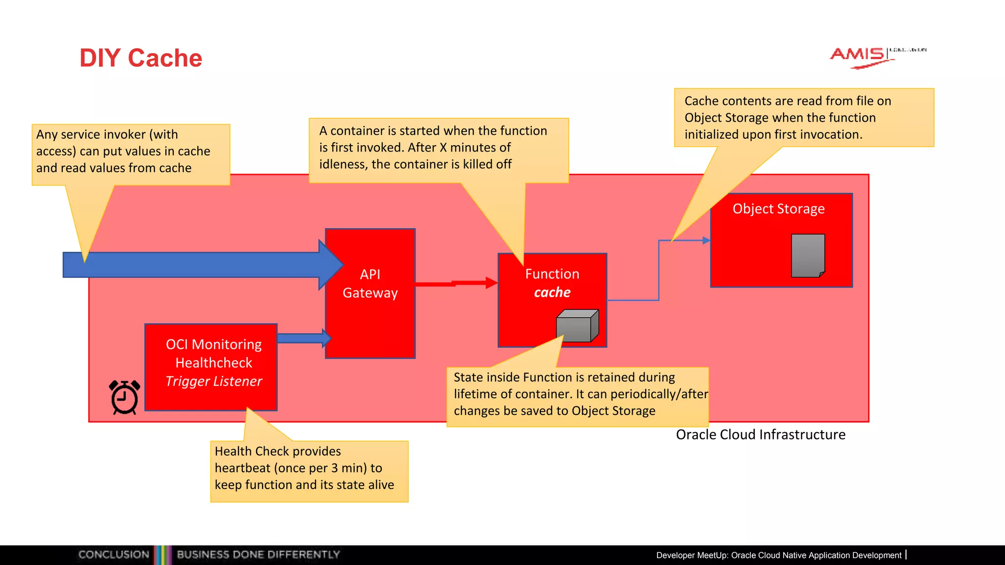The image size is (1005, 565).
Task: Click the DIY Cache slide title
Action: (x=141, y=58)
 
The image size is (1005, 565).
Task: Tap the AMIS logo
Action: (x=859, y=55)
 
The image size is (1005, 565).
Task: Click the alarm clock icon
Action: (x=125, y=397)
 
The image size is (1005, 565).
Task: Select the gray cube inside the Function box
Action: (x=577, y=326)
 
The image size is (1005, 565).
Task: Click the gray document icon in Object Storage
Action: (x=808, y=256)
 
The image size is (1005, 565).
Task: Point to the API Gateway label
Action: (x=370, y=283)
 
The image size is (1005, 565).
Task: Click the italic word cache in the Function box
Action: (x=552, y=292)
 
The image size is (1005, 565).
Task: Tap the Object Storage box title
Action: (x=778, y=209)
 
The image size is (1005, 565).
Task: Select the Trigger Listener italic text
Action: (x=213, y=381)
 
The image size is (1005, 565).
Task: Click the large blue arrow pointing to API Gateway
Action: (x=196, y=265)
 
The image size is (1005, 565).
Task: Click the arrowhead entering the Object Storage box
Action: (x=706, y=240)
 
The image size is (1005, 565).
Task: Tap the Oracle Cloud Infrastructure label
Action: (x=760, y=435)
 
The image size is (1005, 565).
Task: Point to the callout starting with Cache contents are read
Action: (x=803, y=118)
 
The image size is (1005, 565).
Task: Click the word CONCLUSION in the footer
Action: (x=114, y=555)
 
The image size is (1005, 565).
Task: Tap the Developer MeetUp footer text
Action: (x=779, y=555)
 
